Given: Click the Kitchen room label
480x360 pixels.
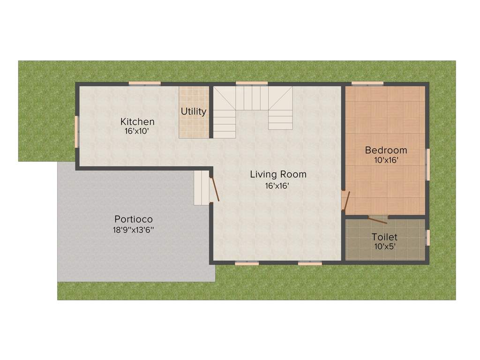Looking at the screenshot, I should (x=137, y=121).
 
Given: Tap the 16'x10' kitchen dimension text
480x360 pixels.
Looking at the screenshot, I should (x=137, y=131).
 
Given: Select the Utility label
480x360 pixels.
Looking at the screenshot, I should (x=194, y=112).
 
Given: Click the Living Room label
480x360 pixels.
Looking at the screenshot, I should (x=278, y=174).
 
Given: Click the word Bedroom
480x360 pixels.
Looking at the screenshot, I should (x=386, y=150).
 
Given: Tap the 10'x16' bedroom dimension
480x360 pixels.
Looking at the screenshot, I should (x=386, y=160).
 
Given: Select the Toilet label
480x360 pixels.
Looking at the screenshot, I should (x=384, y=237).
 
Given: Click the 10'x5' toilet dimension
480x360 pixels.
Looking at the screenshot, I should (x=384, y=246).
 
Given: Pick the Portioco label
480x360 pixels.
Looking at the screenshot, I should (x=134, y=219).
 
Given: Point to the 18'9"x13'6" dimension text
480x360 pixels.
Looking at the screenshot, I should (x=134, y=230).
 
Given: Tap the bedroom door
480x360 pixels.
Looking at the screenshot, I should (x=346, y=201).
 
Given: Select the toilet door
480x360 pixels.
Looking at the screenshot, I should (x=377, y=219).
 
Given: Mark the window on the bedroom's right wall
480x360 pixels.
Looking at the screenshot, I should (x=427, y=164).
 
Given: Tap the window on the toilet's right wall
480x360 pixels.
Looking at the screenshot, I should (x=427, y=237).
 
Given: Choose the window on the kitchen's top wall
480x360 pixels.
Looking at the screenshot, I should (x=145, y=84).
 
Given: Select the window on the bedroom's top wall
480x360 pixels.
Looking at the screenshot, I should (x=367, y=84).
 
